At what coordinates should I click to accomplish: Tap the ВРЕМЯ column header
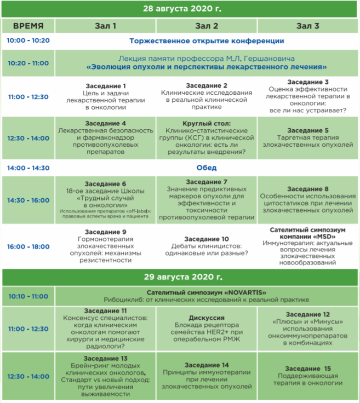(28, 26)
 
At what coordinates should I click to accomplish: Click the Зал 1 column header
(106, 26)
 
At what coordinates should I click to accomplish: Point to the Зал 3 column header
(308, 26)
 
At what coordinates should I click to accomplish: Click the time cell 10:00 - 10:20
(28, 41)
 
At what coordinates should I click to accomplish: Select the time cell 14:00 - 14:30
(28, 168)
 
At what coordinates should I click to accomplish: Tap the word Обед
(207, 168)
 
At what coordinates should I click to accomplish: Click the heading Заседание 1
(106, 86)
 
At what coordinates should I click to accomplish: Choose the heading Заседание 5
(308, 131)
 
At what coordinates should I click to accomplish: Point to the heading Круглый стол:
(207, 124)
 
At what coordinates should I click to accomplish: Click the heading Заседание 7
(207, 182)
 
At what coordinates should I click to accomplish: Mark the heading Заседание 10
(207, 239)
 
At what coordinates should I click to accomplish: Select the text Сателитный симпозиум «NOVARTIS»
(207, 292)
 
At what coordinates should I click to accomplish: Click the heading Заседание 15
(308, 369)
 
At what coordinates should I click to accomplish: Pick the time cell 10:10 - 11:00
(28, 296)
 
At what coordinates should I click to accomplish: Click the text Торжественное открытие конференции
(207, 41)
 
